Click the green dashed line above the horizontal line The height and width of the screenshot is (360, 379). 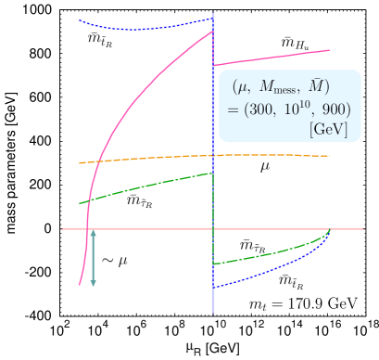[x=148, y=186]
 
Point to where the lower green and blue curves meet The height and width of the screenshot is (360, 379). [x=329, y=233]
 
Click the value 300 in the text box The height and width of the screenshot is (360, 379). [x=259, y=109]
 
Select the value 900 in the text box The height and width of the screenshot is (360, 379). [x=335, y=109]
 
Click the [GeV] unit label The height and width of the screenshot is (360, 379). [x=329, y=129]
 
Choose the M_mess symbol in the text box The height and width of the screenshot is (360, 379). [x=281, y=88]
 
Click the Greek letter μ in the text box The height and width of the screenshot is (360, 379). [x=244, y=89]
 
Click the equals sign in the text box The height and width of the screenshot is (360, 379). [x=233, y=110]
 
